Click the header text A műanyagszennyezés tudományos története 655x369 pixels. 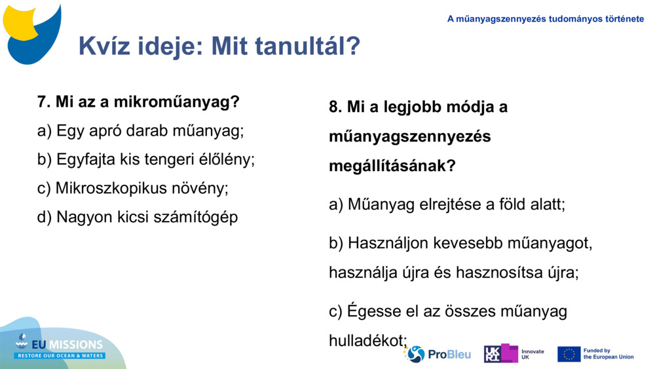(546, 19)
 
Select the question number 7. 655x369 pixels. (44, 102)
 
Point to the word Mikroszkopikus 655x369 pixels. (111, 188)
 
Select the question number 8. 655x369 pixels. (335, 107)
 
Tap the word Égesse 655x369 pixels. (375, 311)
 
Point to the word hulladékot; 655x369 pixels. (368, 340)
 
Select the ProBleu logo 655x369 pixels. (438, 354)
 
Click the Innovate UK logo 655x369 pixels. (514, 354)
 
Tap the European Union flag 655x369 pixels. (569, 354)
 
